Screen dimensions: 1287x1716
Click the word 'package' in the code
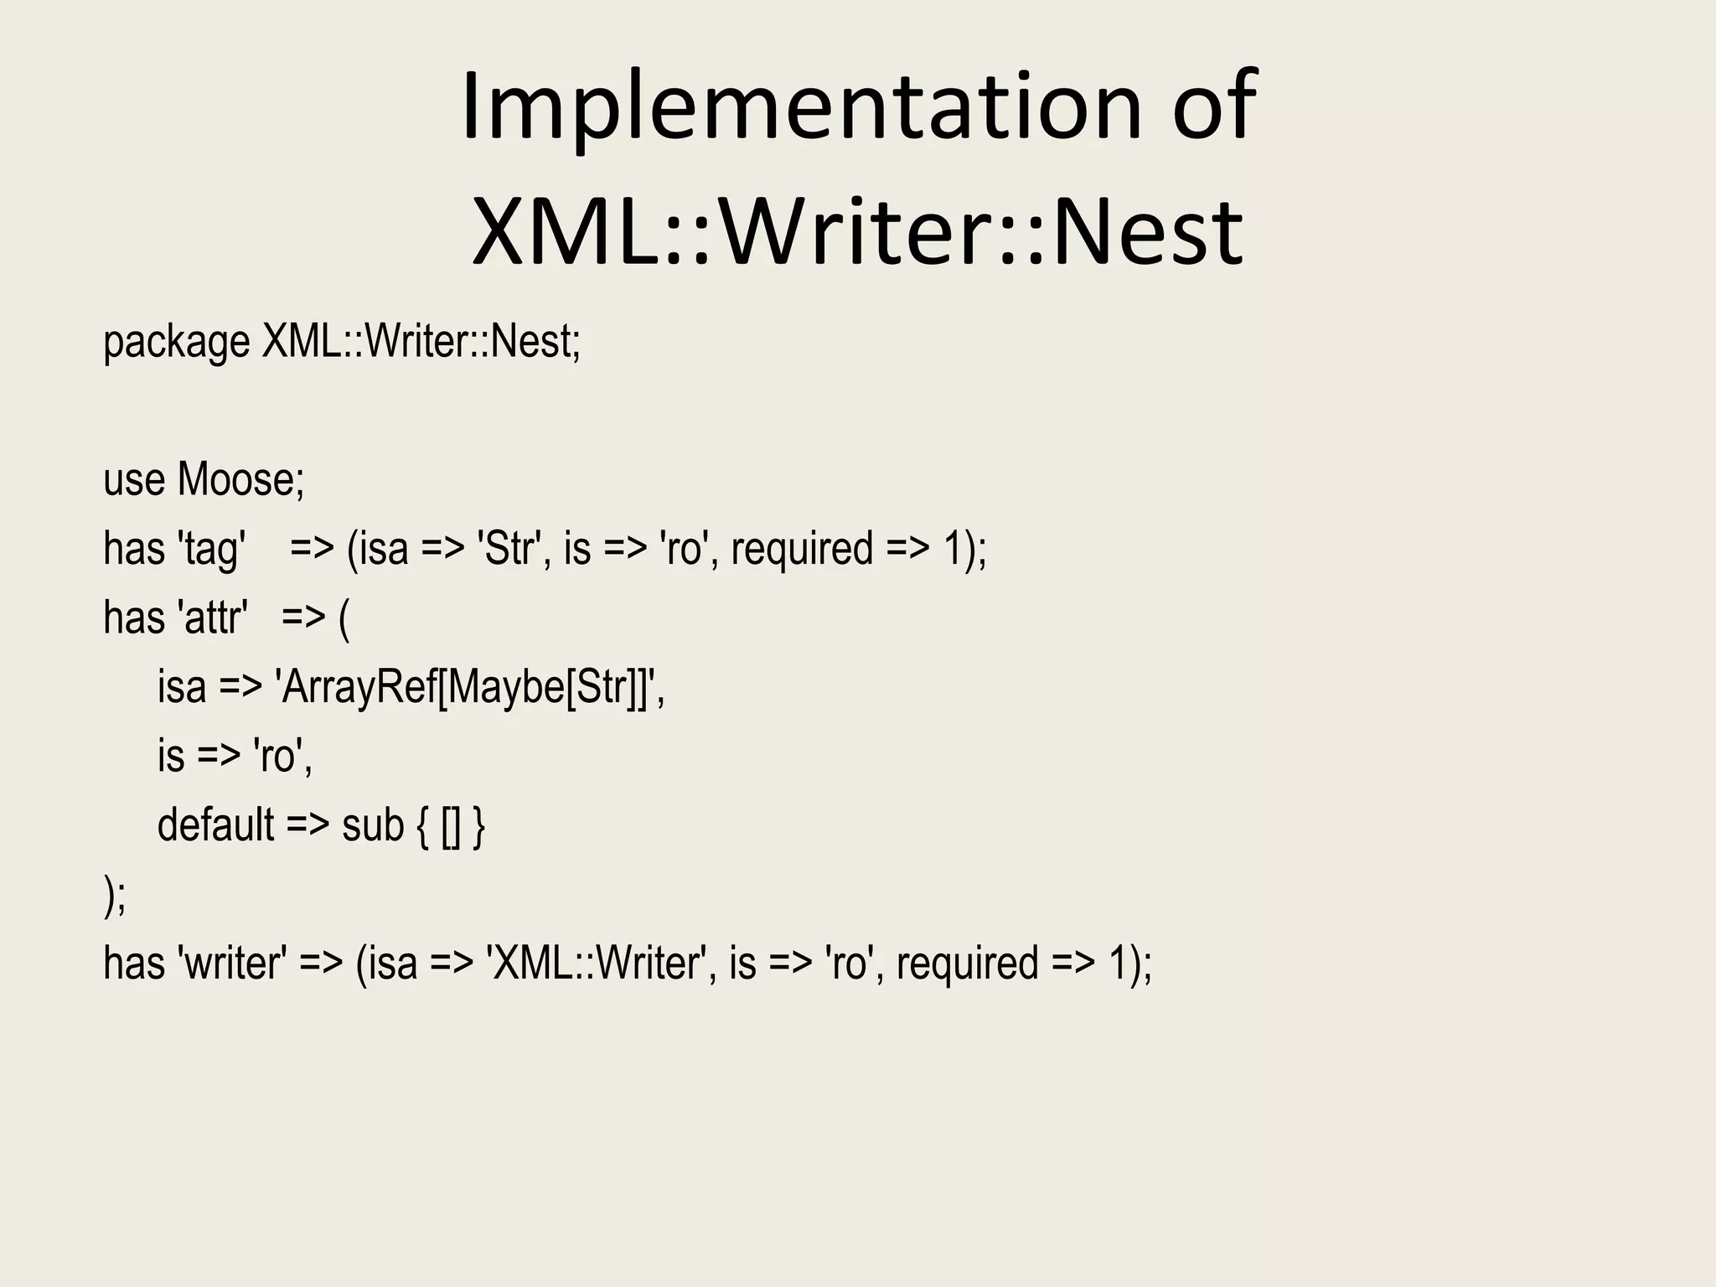[x=176, y=342]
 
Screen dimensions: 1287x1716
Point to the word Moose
[x=240, y=480]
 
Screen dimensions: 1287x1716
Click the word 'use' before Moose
[x=133, y=480]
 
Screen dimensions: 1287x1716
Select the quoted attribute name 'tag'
[x=212, y=550]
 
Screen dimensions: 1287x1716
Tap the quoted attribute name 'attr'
[x=213, y=618]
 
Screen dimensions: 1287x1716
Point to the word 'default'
[x=215, y=825]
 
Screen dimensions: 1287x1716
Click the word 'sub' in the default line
[x=373, y=825]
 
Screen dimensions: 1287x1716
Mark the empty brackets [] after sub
[x=451, y=826]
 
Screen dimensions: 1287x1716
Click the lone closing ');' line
[x=115, y=896]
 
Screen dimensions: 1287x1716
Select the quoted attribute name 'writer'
[x=232, y=964]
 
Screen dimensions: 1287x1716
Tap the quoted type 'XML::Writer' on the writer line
[x=597, y=964]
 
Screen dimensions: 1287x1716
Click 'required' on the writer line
[x=967, y=964]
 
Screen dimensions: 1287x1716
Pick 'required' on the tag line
[x=802, y=550]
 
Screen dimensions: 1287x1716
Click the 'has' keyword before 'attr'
[x=134, y=618]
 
